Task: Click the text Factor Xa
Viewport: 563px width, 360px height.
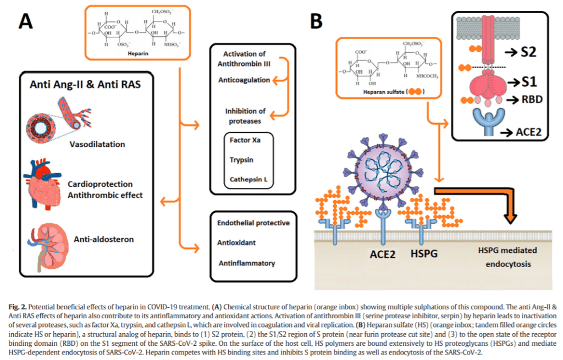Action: (245, 141)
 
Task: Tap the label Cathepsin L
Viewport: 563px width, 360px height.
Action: (248, 179)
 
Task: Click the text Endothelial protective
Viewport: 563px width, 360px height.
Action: (253, 223)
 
